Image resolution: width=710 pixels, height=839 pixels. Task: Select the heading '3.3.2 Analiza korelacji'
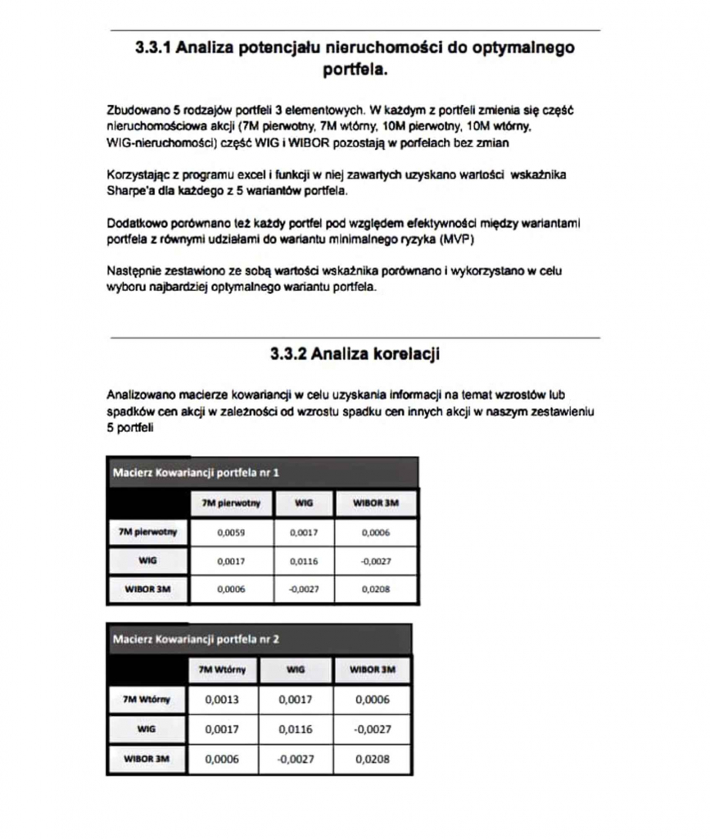(x=354, y=355)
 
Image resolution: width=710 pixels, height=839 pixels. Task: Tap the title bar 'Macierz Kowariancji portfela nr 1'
(x=196, y=473)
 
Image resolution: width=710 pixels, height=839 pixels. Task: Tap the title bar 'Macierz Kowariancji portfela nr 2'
(x=196, y=638)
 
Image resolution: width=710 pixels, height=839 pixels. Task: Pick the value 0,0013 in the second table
(x=221, y=700)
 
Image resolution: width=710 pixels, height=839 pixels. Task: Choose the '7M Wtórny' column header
(x=223, y=669)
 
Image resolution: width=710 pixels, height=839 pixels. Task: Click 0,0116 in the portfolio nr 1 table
(x=303, y=561)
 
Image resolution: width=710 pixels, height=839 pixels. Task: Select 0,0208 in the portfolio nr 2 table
(x=373, y=759)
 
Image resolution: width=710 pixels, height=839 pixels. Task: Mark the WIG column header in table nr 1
(x=303, y=503)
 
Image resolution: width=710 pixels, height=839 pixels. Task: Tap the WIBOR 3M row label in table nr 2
(x=147, y=759)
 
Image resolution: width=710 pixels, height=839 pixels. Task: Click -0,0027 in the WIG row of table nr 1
(x=375, y=561)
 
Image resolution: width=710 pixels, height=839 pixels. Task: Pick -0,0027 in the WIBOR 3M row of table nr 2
(x=296, y=759)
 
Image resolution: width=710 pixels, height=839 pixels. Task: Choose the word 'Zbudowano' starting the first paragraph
(x=134, y=109)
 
